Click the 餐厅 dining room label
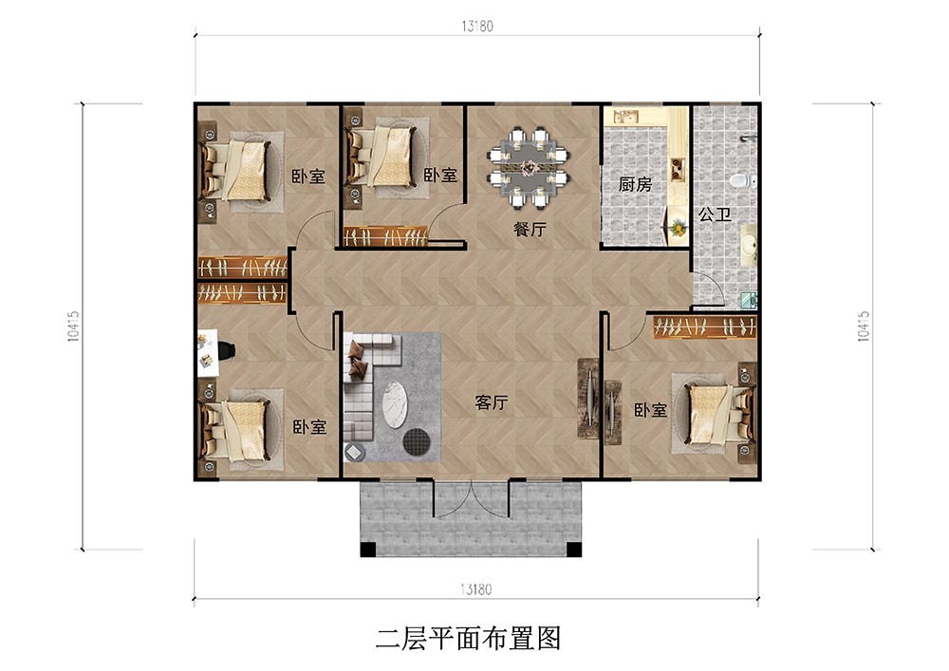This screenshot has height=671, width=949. (x=530, y=229)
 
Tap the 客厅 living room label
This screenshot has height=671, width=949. (x=491, y=402)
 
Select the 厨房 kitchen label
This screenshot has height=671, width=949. (x=635, y=184)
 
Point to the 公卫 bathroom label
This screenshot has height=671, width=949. (x=715, y=214)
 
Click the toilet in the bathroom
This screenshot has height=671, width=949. (x=741, y=180)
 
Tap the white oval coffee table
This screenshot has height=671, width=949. (x=396, y=404)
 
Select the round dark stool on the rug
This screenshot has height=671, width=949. (x=417, y=441)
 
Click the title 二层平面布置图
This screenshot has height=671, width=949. (x=468, y=639)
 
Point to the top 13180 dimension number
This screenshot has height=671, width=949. (x=477, y=26)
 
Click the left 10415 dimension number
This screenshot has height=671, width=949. (x=74, y=326)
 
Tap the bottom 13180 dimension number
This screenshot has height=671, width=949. (x=475, y=588)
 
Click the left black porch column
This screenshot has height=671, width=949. (x=368, y=550)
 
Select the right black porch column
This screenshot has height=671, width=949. (x=574, y=550)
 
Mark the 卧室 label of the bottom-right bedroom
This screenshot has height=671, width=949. (x=650, y=410)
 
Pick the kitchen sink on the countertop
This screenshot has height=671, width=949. (x=625, y=116)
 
